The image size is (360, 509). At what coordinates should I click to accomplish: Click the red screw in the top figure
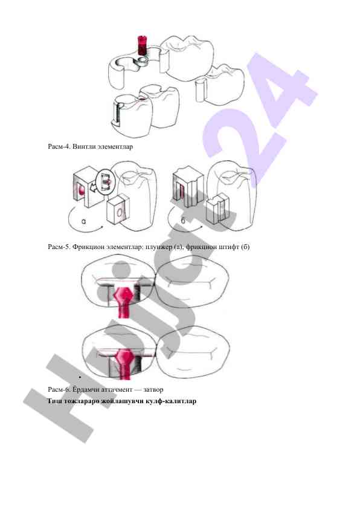pos(142,45)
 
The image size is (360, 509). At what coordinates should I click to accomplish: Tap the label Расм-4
pos(59,147)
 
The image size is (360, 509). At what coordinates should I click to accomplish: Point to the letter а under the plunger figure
pos(84,222)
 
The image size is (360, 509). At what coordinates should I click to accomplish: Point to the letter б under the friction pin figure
pos(183,221)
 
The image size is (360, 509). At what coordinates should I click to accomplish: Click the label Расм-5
pos(59,247)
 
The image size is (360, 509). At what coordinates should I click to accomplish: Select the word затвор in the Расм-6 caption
pos(153,389)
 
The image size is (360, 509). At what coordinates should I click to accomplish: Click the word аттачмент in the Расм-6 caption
pos(117,389)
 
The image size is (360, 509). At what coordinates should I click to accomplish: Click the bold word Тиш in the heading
pos(54,401)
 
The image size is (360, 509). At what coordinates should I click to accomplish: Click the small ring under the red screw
pos(142,60)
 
